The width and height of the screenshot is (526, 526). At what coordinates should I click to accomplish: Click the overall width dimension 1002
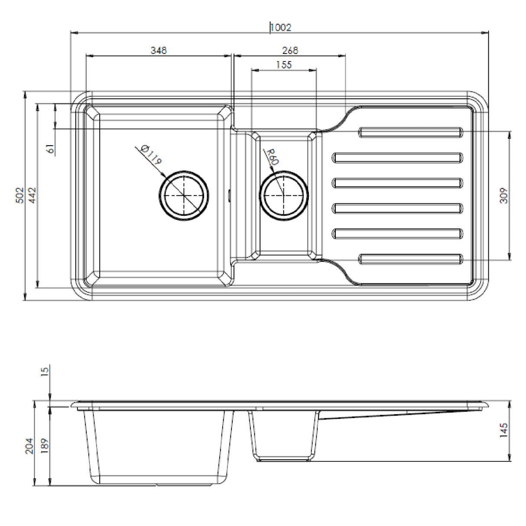pos(281,28)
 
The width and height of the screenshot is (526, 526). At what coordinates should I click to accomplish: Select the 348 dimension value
pos(159,51)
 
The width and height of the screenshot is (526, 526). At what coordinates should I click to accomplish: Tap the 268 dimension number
pos(290,51)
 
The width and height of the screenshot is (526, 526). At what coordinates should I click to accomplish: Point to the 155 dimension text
pos(284,65)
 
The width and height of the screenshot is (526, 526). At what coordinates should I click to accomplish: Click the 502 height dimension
pos(19,196)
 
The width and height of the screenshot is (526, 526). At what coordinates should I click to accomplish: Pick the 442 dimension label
pos(32,196)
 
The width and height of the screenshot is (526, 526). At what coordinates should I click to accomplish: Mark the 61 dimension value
pos(51,149)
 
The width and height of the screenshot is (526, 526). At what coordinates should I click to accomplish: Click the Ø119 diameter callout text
pos(151,156)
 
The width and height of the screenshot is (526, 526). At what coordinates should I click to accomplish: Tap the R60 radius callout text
pos(272,157)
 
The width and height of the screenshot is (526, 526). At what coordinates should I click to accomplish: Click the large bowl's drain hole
pos(184,195)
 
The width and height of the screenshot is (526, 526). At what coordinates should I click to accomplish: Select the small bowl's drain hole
pos(284,195)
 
